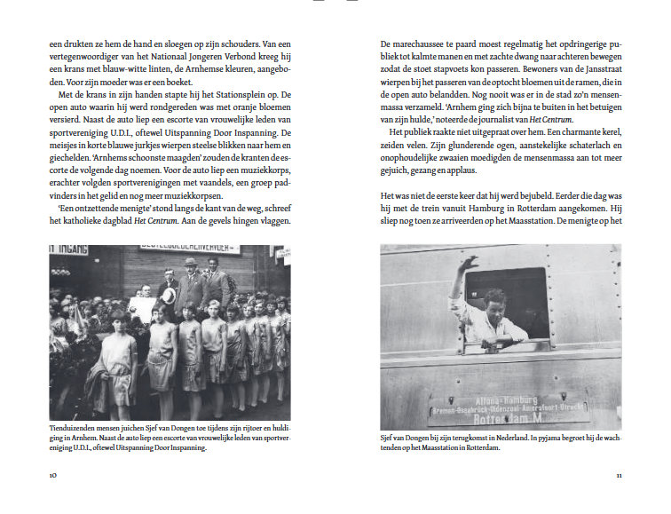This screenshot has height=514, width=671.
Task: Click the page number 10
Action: click(53, 475)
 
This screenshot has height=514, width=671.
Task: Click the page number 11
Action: click(618, 475)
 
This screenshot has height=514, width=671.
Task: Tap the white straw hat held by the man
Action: click(169, 295)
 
